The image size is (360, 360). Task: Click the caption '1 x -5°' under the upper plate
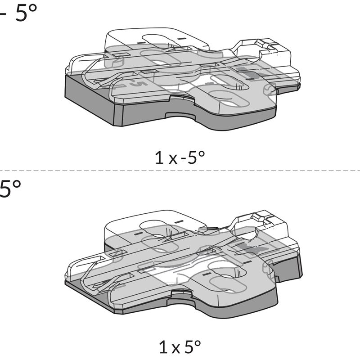coord(180,157)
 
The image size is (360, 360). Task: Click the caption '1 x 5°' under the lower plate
coord(180,347)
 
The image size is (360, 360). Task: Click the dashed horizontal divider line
coord(180,171)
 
